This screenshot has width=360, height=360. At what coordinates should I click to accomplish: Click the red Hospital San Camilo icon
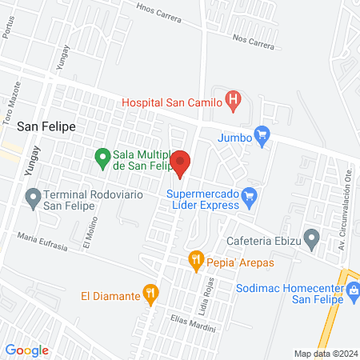click(233, 100)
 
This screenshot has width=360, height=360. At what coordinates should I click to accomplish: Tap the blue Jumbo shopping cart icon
click(261, 136)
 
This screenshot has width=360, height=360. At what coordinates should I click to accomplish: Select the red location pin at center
click(181, 162)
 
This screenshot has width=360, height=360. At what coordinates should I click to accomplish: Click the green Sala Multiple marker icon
click(102, 157)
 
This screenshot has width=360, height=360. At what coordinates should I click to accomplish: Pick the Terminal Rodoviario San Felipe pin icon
click(33, 197)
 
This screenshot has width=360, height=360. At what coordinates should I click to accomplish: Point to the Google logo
click(26, 350)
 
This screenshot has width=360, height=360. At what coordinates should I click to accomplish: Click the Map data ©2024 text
click(325, 353)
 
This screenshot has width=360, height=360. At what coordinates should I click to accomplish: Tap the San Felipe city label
click(46, 126)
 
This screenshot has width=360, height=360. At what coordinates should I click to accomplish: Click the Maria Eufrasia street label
click(47, 239)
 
